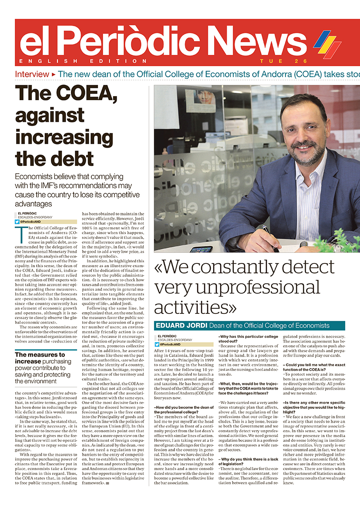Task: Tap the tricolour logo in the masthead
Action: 327,44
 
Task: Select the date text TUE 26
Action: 283,61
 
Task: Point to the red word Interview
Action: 32,74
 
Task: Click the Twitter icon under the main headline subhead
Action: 17,222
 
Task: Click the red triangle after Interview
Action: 54,74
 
